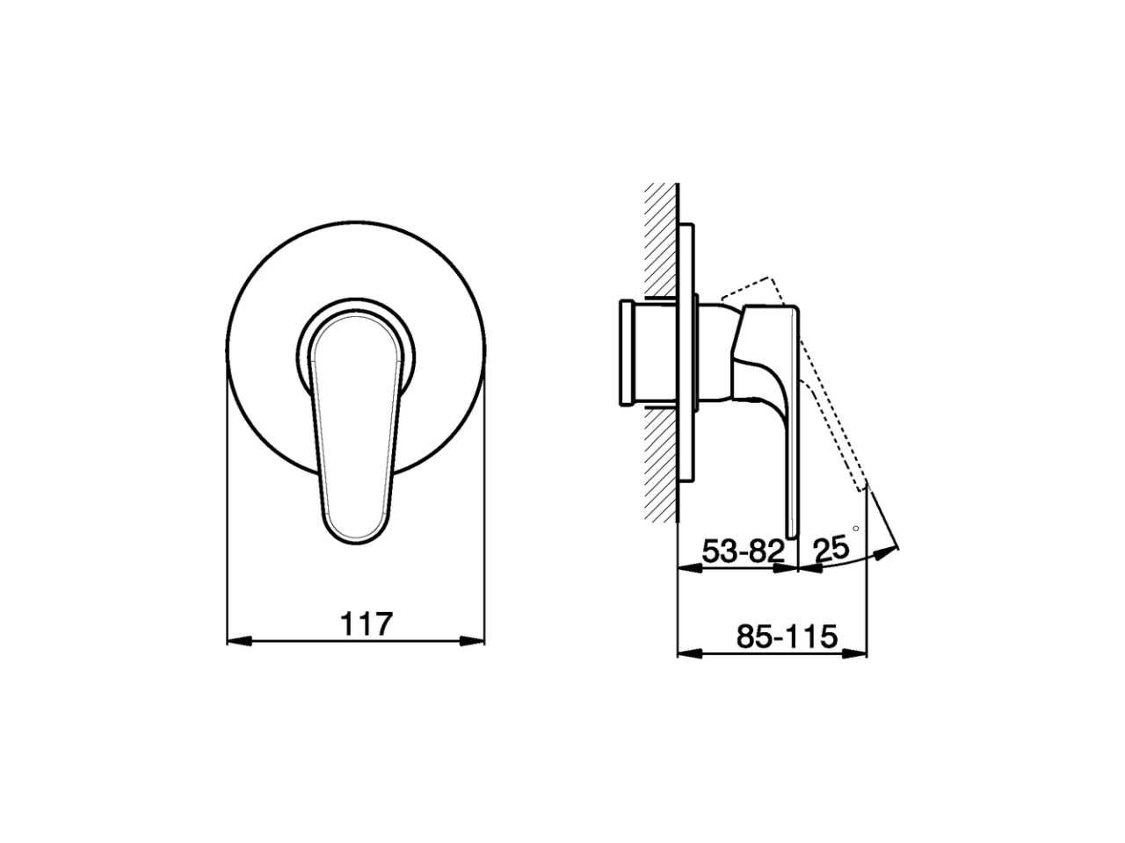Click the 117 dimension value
pyautogui.click(x=365, y=623)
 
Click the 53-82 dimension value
pyautogui.click(x=743, y=551)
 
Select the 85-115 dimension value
pyautogui.click(x=787, y=636)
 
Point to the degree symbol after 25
pyautogui.click(x=855, y=530)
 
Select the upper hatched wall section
pyautogui.click(x=660, y=237)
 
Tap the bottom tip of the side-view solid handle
pyautogui.click(x=792, y=534)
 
